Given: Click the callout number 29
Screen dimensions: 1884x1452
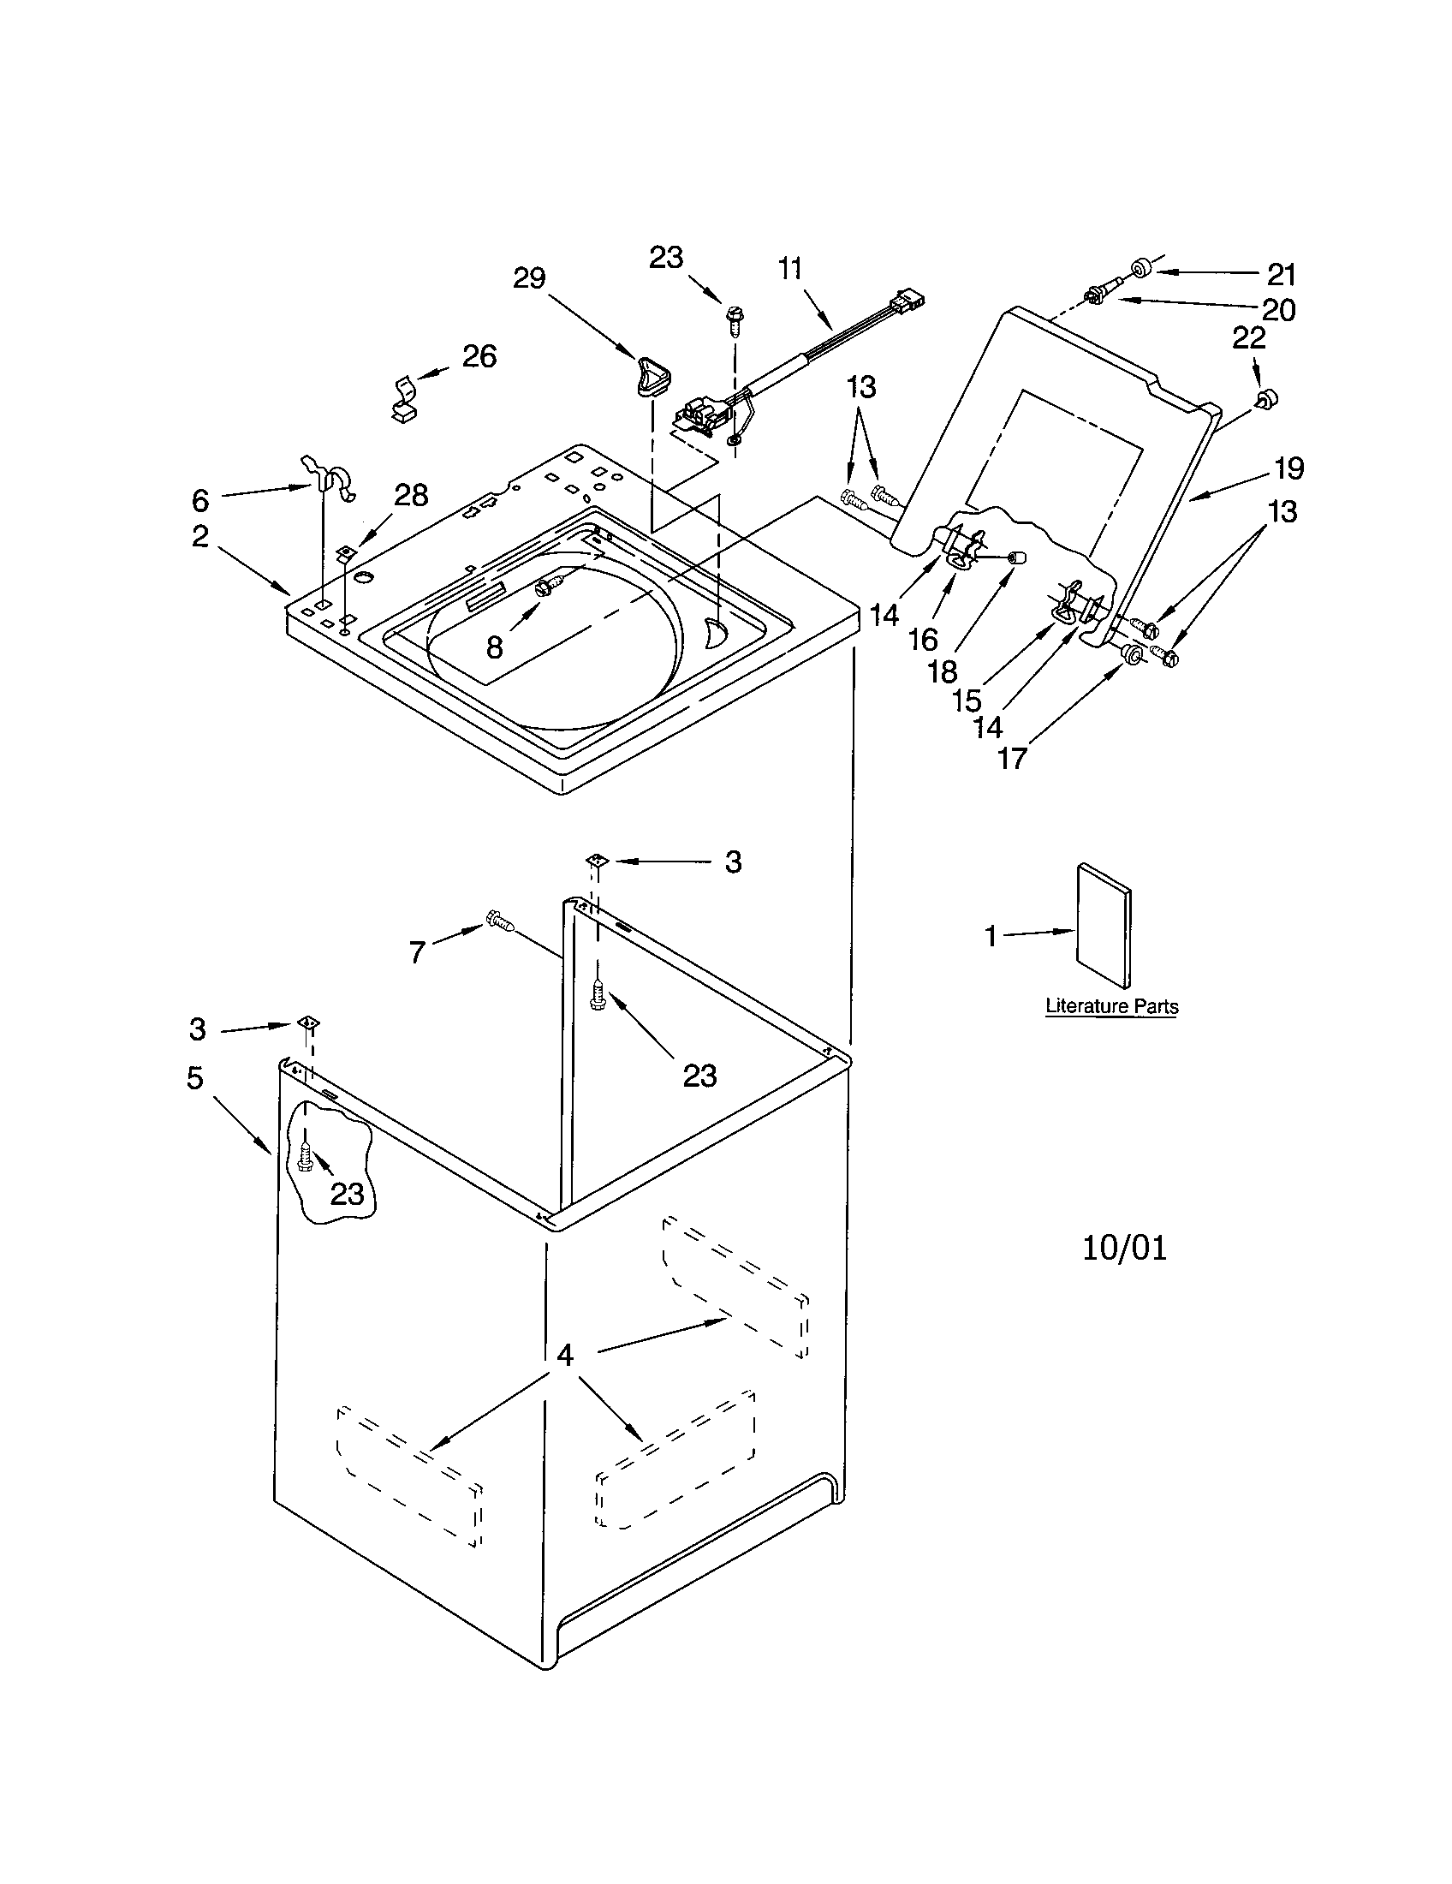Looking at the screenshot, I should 529,277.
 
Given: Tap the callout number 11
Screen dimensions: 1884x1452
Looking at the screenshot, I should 790,269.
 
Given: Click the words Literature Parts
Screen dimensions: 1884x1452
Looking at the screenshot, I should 1110,1006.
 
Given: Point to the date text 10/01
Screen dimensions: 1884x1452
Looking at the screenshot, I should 1124,1249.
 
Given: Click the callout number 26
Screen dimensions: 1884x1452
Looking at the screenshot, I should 479,355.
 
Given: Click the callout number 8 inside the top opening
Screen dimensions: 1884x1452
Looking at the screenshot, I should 494,647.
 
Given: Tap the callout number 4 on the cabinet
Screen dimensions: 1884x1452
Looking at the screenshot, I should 564,1356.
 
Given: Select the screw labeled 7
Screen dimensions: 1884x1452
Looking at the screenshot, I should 500,921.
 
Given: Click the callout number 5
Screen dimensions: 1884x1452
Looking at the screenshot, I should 196,1076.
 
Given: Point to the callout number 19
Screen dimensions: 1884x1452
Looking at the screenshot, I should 1288,468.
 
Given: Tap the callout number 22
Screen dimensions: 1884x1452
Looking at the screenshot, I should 1247,338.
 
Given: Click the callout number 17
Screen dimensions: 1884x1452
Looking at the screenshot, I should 1012,758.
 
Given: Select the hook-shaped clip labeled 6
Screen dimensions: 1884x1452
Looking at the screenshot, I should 331,480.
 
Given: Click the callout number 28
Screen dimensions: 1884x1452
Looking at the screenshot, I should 411,495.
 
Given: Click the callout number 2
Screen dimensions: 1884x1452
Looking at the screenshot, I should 200,537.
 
